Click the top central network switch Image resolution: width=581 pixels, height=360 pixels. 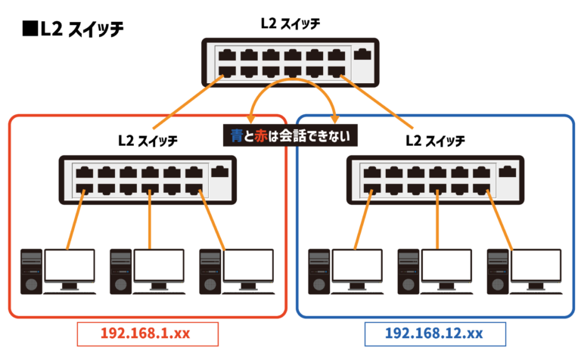(290, 63)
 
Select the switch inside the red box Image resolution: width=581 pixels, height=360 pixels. (148, 180)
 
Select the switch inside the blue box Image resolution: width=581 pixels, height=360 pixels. (435, 180)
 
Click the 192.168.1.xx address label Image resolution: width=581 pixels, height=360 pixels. (148, 334)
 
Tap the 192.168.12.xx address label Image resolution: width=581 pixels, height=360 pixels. (435, 334)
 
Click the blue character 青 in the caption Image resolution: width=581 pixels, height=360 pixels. (237, 136)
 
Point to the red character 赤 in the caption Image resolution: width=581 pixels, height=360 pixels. (262, 136)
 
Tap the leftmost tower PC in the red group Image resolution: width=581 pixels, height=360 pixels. (31, 272)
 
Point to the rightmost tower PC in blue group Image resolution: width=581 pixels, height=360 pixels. (497, 272)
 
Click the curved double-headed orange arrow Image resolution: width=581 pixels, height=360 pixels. (292, 80)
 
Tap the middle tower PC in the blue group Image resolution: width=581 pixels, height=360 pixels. (408, 272)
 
